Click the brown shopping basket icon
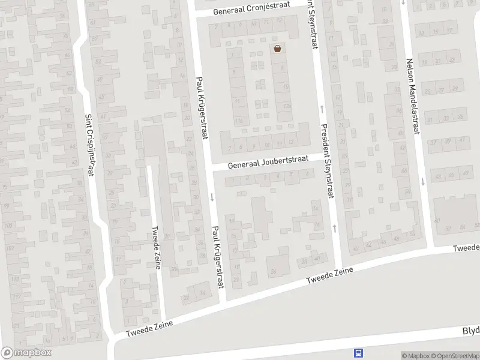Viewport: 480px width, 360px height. (277, 49)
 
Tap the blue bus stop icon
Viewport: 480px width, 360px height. (359, 353)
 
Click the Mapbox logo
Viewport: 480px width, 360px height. (26, 353)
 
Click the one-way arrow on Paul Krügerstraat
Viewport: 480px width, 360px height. (212, 197)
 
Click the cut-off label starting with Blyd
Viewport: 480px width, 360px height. (470, 331)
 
